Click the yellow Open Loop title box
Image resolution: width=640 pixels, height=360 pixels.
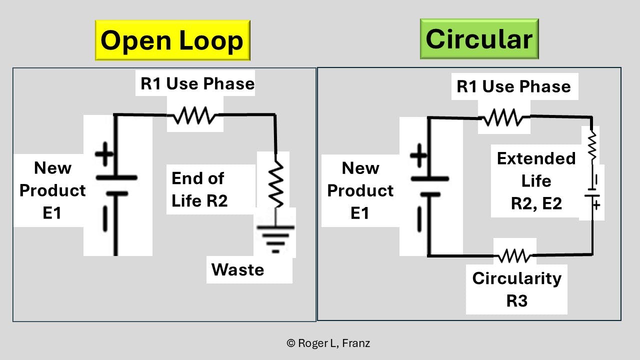tap(172, 40)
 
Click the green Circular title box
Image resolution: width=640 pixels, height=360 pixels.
tap(479, 39)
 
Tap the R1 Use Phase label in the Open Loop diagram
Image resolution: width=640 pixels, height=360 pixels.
tap(197, 83)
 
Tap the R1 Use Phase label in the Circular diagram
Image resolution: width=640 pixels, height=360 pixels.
tap(513, 86)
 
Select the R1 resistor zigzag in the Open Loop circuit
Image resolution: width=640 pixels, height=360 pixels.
tap(194, 117)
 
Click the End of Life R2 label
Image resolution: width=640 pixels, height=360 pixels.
tap(198, 189)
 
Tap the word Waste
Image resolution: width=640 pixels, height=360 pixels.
tap(237, 269)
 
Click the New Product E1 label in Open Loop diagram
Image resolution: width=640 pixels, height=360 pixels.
tap(52, 190)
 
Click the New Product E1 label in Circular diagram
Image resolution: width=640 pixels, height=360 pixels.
tap(360, 190)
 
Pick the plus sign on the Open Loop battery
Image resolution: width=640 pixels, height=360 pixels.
tap(104, 154)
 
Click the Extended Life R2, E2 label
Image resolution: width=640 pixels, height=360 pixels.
tap(536, 180)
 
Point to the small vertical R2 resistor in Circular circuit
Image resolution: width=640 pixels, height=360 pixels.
tap(592, 145)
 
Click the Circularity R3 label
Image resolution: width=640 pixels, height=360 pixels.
tap(516, 289)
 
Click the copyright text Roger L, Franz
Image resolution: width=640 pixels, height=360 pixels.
tap(328, 343)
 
